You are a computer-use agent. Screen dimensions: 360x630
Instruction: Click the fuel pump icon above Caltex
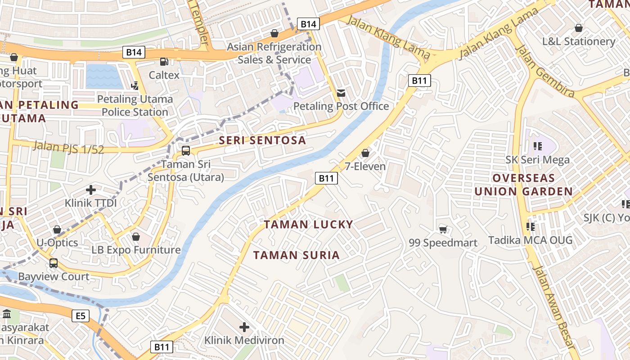[x=164, y=62]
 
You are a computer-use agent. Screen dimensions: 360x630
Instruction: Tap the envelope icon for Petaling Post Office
[x=341, y=93]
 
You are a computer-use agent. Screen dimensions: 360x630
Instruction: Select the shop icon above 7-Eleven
[x=365, y=153]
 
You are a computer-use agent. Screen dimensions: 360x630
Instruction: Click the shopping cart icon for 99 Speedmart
[x=443, y=230]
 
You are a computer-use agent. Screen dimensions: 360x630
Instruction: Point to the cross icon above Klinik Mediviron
[x=244, y=327]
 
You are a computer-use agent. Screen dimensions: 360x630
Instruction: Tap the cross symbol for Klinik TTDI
[x=91, y=190]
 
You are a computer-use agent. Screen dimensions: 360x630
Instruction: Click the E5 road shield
[x=80, y=316]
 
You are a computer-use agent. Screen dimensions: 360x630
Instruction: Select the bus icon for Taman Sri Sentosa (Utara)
[x=185, y=151]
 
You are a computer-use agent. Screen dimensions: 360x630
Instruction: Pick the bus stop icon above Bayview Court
[x=54, y=263]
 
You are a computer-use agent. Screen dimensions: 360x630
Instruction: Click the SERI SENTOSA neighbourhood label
[x=262, y=140]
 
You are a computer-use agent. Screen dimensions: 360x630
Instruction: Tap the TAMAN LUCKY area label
[x=308, y=225]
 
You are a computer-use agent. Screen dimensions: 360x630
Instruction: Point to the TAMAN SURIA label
[x=296, y=256]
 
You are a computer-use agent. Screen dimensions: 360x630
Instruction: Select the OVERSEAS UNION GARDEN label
[x=524, y=185]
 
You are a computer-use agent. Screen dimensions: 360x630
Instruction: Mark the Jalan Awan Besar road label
[x=553, y=306]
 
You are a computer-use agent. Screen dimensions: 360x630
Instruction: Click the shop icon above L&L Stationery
[x=579, y=28]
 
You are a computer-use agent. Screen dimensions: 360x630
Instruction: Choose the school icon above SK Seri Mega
[x=537, y=146]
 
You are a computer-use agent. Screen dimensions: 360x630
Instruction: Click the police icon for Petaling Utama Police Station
[x=135, y=85]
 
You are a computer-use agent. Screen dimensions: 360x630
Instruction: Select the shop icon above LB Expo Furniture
[x=136, y=237]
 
